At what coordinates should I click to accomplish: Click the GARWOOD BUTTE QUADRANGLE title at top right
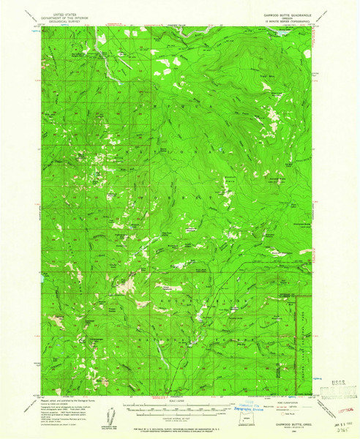pos(287,12)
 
